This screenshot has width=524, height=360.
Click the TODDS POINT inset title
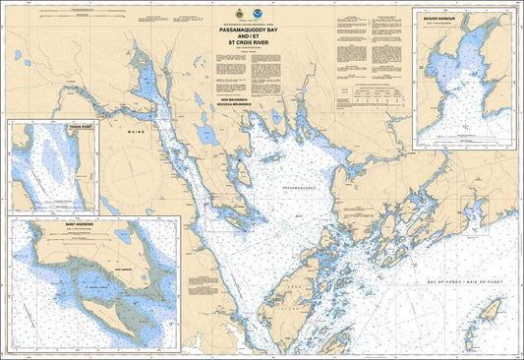pos(52,128)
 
